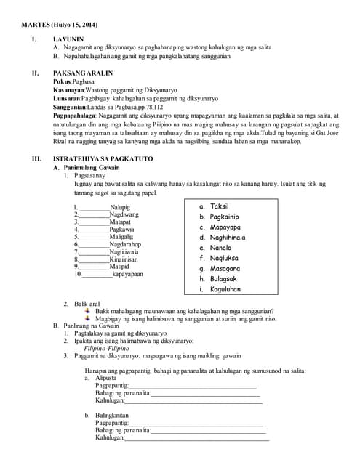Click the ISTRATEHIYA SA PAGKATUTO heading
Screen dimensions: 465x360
[99, 158]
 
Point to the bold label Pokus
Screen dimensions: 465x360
[63, 82]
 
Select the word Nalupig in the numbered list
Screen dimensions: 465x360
[121, 208]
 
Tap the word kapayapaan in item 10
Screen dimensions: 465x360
[128, 274]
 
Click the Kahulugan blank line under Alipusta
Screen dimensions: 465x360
[193, 400]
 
